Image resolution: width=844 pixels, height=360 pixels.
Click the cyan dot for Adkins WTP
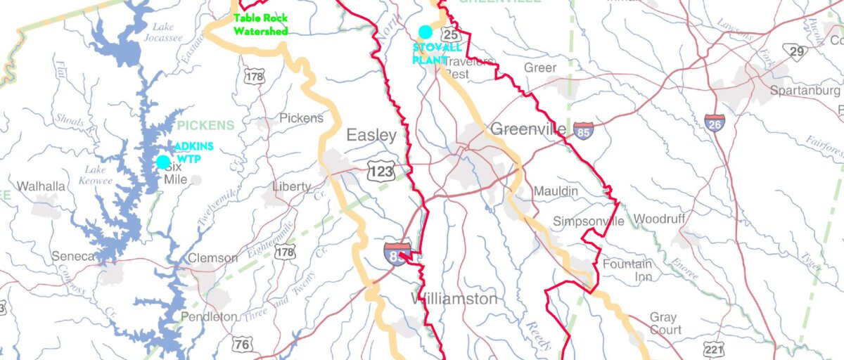point(163,162)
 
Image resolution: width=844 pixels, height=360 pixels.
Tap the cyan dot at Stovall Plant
point(425,32)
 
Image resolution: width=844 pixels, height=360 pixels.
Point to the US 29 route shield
point(797,51)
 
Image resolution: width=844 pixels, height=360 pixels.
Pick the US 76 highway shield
point(243,344)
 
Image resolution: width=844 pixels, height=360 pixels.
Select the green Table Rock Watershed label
point(261,25)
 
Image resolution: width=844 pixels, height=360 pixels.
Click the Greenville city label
point(528,129)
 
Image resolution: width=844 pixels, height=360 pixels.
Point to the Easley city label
point(371,136)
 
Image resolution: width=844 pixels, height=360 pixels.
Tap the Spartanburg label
point(804,91)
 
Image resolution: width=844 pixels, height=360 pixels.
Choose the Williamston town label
point(454,299)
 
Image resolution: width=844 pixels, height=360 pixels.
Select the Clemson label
point(212,258)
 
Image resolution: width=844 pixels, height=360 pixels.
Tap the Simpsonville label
point(588,221)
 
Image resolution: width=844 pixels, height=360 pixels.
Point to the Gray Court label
point(665,323)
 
